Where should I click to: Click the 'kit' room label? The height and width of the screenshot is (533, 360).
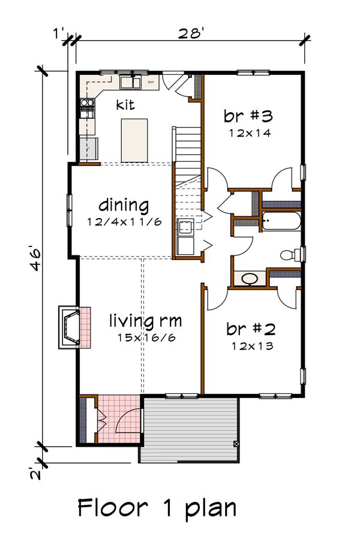coord(125,104)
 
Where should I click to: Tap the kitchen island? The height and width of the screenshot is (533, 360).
coord(134,140)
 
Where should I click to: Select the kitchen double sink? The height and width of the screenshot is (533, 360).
coord(130,83)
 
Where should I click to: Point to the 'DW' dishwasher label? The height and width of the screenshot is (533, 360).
coord(151,82)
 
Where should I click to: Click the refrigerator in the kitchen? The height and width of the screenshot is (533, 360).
coord(88,149)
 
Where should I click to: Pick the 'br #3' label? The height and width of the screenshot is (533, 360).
coord(248,116)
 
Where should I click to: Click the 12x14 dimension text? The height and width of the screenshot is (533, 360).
coord(250,133)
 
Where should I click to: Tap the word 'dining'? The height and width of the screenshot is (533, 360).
coord(124,205)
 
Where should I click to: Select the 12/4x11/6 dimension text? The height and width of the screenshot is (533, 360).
coord(124,222)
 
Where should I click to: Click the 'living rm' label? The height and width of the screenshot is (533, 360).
coord(145,321)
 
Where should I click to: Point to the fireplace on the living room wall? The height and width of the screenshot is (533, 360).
coord(74,327)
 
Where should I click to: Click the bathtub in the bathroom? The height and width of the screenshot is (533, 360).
coord(281,221)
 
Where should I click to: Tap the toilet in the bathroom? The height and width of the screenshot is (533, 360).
coord(291,254)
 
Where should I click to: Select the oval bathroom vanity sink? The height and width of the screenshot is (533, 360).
coord(250,279)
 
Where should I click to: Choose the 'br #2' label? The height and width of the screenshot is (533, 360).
coord(251,329)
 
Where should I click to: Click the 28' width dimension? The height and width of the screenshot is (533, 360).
coord(191,34)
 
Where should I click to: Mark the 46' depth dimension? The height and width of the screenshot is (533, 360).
coord(36,260)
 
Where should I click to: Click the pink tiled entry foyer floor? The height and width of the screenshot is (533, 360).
coord(119,418)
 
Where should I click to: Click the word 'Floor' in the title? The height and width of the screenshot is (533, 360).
coord(113,508)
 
